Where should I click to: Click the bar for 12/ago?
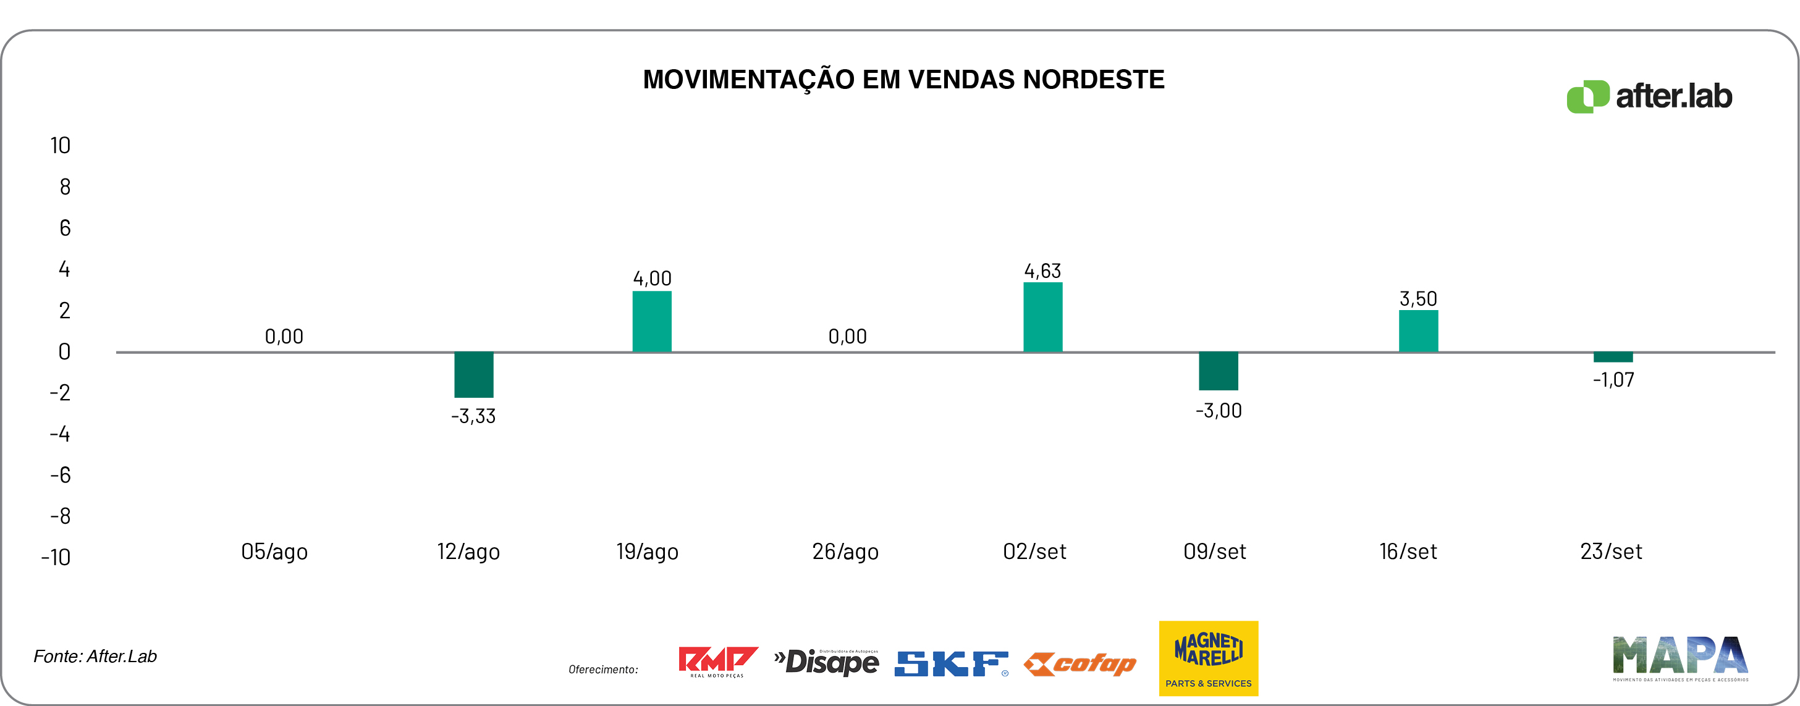pos(474,375)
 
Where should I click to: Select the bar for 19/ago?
pos(652,321)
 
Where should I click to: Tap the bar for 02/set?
pos(1042,317)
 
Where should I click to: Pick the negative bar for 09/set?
pos(1218,371)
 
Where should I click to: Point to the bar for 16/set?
pos(1419,331)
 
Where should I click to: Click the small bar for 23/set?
pos(1613,358)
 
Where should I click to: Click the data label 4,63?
pos(1042,271)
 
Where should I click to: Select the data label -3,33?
pos(473,416)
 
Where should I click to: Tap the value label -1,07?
pos(1613,380)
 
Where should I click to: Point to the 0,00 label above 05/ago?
pos(284,337)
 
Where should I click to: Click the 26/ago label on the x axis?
pos(845,552)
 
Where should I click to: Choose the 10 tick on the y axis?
pos(60,145)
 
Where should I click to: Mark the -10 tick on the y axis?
pos(56,557)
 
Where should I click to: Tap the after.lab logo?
pos(1649,96)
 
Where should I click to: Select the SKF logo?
pos(951,663)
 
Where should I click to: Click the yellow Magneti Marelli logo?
pos(1208,658)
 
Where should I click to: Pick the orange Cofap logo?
pos(1080,663)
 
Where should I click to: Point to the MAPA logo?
pos(1680,658)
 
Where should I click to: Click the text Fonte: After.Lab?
pos(95,657)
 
